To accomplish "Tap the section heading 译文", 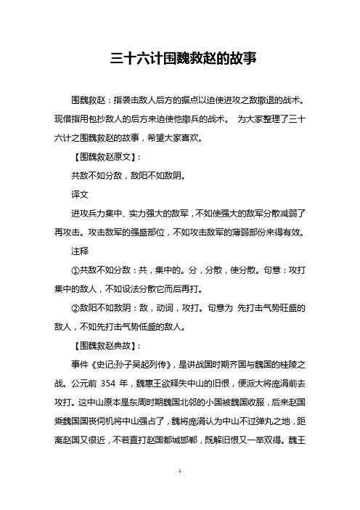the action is click(x=79, y=195).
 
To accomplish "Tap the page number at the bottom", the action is click(x=180, y=492).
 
